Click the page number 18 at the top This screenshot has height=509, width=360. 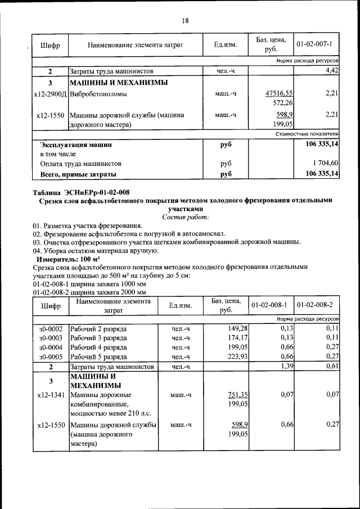point(185,21)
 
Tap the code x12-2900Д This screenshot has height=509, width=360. point(50,93)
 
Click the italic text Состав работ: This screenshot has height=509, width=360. point(185,217)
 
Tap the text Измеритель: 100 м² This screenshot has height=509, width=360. point(68,260)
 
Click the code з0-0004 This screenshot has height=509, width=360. point(50,346)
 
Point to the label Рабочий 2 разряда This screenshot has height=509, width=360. point(98,328)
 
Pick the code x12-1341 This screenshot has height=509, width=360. point(50,394)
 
